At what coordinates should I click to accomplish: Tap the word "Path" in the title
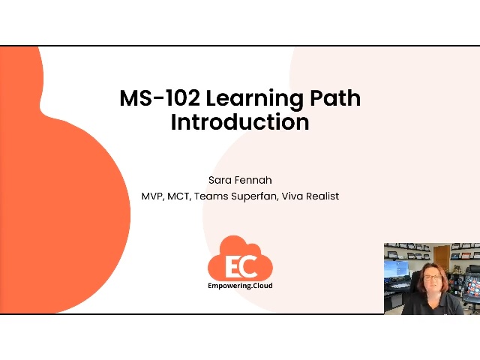335,98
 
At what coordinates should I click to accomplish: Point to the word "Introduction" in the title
240,121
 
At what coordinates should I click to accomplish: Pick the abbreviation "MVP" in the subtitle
153,196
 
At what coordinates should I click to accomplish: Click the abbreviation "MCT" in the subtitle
181,196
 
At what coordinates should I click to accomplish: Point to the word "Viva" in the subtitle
292,196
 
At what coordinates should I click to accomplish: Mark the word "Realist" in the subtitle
323,196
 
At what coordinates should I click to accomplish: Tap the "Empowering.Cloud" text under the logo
240,286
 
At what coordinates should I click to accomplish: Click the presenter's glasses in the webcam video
433,277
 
